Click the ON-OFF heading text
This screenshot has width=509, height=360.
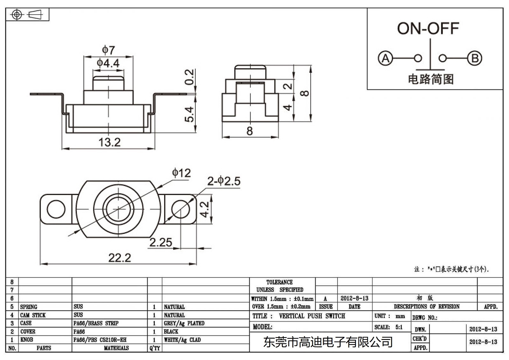coord(428,29)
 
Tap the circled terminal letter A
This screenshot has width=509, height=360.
coord(385,59)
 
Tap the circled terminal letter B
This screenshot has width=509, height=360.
coord(474,59)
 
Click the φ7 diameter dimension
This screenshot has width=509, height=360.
coord(108,50)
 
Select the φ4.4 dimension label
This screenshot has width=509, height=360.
coord(108,63)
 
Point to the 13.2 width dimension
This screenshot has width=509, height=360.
coord(109,142)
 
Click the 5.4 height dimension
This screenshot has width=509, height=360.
coord(189,114)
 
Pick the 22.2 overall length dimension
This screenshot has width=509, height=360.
coord(120,258)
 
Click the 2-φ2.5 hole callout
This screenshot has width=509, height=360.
coord(224,181)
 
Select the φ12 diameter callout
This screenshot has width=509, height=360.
coord(181,173)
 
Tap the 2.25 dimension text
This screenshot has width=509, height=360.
coord(161,243)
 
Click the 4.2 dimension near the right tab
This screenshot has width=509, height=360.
coord(205,209)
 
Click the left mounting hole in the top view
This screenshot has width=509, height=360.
coord(56,209)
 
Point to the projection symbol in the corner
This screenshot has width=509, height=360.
coord(27,15)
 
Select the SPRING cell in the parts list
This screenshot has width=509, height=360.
coord(29,307)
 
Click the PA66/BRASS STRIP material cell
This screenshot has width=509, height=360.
coord(96,323)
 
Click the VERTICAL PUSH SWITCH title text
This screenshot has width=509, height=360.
coord(312,316)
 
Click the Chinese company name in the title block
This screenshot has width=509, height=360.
coord(328,342)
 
